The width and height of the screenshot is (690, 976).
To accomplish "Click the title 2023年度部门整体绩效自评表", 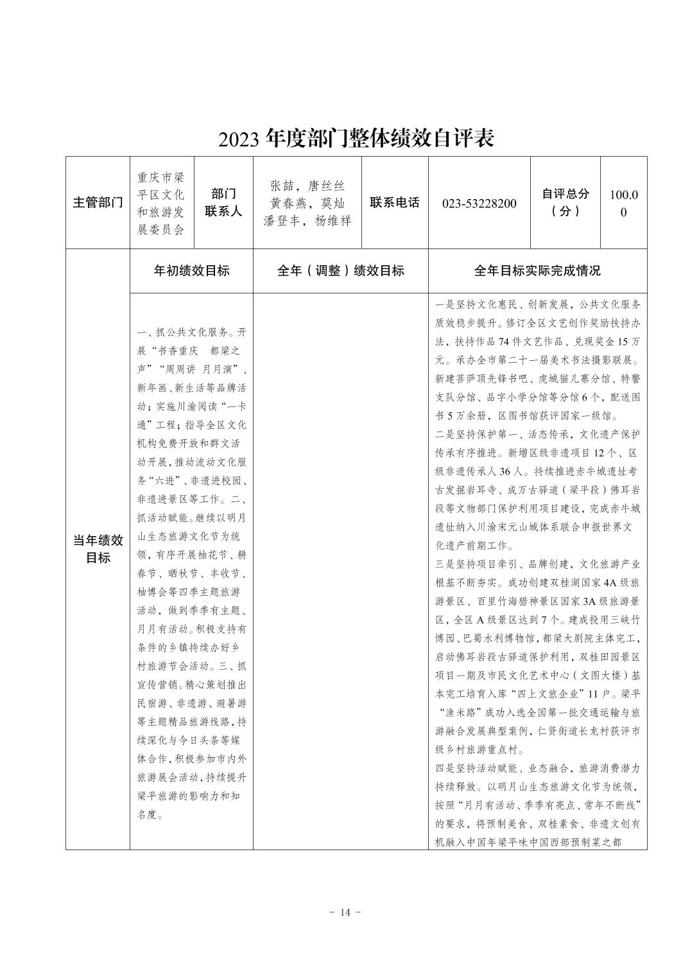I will pos(356,138).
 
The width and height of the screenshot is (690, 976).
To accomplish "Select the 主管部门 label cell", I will pos(98,203).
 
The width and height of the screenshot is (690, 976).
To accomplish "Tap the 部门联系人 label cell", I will pos(223,203).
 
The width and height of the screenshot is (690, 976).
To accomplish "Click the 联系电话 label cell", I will pos(395,203).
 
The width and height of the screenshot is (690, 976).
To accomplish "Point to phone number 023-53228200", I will pos(479,204).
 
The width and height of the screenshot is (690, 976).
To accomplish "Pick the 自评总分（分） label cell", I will pos(565,203).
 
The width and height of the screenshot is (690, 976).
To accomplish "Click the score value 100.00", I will pos(623,203).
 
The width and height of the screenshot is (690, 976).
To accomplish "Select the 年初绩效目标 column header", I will pos(191,271).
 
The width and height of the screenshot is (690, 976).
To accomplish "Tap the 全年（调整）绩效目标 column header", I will pos(340,271).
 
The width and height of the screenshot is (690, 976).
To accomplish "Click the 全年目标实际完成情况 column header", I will pos(537,271).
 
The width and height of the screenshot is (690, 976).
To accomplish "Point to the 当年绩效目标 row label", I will pos(98,549).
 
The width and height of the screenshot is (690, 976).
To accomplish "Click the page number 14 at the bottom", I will pos(345,912).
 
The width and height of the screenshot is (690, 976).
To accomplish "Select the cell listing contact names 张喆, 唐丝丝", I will pos(307,203).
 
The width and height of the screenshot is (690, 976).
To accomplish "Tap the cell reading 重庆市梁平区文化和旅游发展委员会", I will pos(161,203).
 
